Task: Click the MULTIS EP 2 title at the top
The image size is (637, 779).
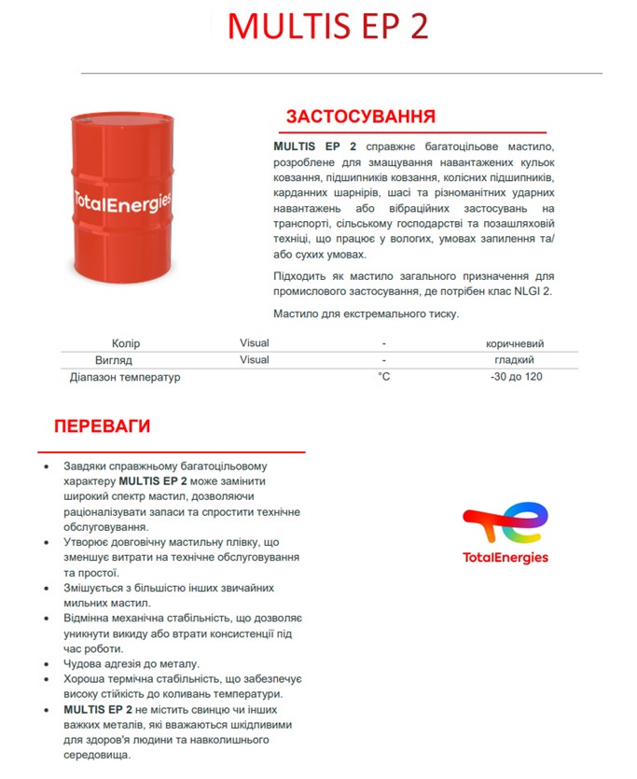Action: tap(327, 26)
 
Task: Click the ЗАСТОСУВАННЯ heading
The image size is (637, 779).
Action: tap(360, 117)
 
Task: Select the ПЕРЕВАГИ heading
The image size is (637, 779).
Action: tap(102, 426)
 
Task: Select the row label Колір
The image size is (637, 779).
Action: tap(125, 343)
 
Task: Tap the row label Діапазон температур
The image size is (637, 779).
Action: tap(125, 377)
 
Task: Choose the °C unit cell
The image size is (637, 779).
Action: tap(383, 377)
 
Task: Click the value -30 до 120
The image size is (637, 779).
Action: tap(516, 377)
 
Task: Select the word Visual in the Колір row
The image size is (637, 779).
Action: tap(254, 343)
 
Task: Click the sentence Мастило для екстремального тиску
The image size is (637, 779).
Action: tap(366, 313)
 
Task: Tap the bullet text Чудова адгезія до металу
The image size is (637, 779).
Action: tap(132, 663)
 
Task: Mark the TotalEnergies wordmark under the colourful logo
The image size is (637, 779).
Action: tap(505, 558)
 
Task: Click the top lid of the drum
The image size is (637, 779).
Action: tap(122, 119)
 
